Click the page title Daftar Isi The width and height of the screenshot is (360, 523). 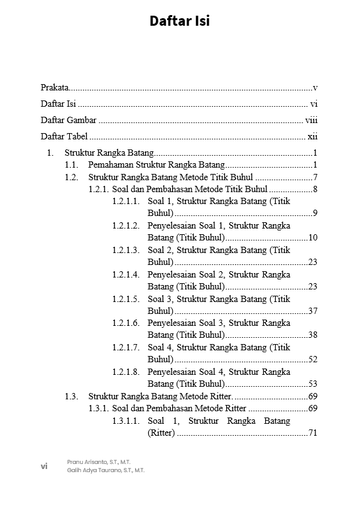[180, 21]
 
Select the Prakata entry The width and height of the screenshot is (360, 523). [55, 88]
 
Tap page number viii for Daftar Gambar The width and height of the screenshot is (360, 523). [312, 121]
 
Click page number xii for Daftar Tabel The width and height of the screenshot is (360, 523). [312, 137]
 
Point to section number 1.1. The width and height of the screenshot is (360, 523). [71, 165]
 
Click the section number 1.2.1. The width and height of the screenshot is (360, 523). [99, 189]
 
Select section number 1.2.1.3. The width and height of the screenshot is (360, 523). [126, 250]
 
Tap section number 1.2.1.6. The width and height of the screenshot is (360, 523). [126, 323]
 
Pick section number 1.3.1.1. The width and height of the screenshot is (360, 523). [126, 421]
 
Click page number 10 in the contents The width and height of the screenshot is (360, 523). [313, 237]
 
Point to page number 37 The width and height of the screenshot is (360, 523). [313, 311]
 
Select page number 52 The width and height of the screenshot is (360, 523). [313, 360]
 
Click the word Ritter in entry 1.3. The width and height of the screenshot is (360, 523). [221, 396]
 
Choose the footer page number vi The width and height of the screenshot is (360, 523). [44, 466]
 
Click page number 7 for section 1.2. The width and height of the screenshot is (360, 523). [315, 177]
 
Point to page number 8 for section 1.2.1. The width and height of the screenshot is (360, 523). [315, 189]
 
